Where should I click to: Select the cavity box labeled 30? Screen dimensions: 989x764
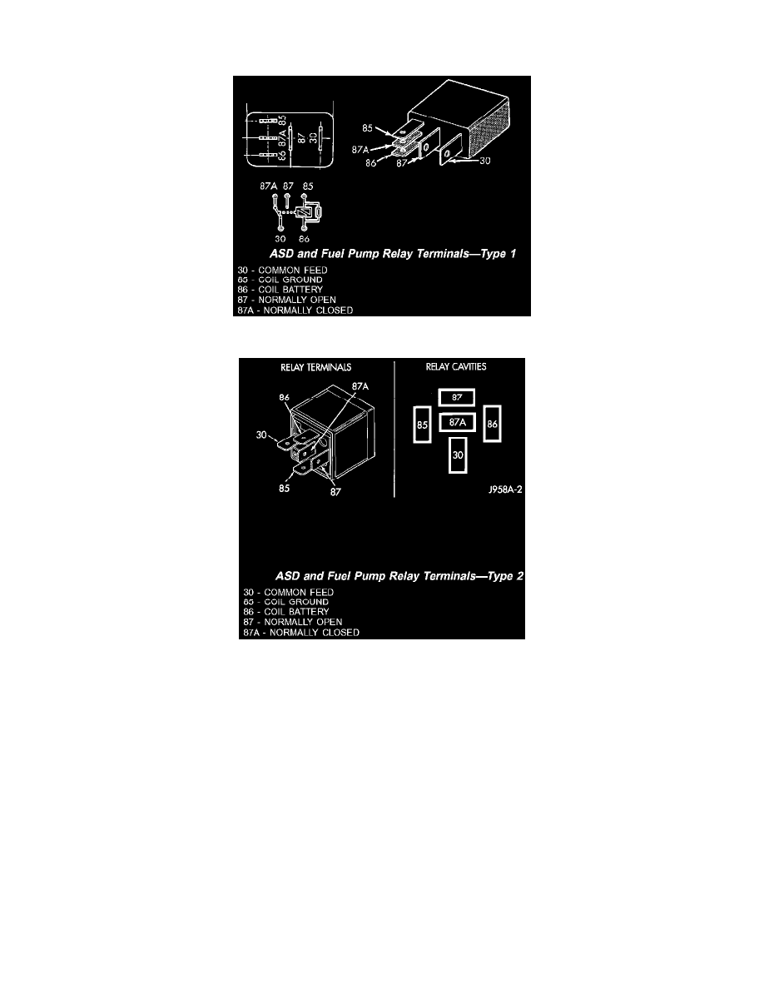458,455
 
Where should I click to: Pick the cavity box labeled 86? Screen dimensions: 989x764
492,424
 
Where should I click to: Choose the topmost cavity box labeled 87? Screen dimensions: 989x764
457,397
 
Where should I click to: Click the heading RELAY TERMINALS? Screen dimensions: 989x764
315,366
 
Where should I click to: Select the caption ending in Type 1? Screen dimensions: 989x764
393,254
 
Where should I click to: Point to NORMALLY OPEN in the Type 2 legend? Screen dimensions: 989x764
303,622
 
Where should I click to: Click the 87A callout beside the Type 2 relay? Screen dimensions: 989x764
360,387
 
